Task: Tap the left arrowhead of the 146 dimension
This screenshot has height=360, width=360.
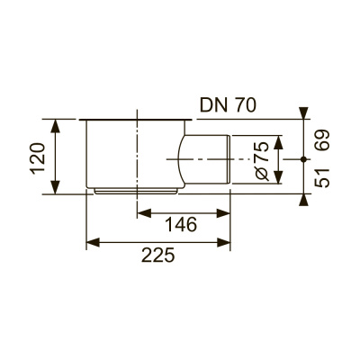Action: pyautogui.click(x=140, y=213)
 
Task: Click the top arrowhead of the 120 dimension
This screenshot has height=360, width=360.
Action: pyautogui.click(x=58, y=123)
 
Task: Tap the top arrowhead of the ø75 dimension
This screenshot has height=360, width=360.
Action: pyautogui.click(x=279, y=138)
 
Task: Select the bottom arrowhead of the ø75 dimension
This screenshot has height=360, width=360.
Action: pyautogui.click(x=279, y=178)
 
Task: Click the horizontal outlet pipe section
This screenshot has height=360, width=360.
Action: pyautogui.click(x=208, y=157)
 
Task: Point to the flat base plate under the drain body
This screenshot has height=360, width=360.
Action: pyautogui.click(x=135, y=190)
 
